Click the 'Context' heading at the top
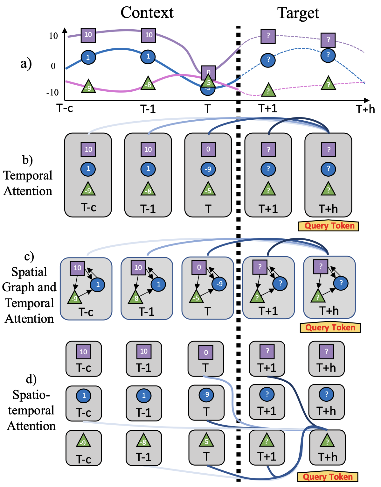pos(147,13)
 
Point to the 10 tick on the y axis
pos(53,36)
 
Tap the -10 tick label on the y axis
pos(52,93)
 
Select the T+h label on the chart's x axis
pos(365,109)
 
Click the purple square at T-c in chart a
pos(88,35)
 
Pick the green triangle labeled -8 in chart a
pos(148,84)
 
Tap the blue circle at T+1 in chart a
pos(268,60)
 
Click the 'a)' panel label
pos(26,63)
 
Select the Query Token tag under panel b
pos(329,226)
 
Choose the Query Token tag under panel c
pos(330,328)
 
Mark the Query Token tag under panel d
pos(328,477)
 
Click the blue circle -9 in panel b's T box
pos(208,169)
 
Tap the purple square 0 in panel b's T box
pos(208,149)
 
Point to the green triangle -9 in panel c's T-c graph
pos(74,298)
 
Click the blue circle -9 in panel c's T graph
pos(219,284)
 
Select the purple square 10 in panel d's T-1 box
pos(144,351)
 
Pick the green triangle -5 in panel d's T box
pos(206,441)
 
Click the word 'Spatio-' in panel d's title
pos(31,395)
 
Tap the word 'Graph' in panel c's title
pos(16,287)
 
